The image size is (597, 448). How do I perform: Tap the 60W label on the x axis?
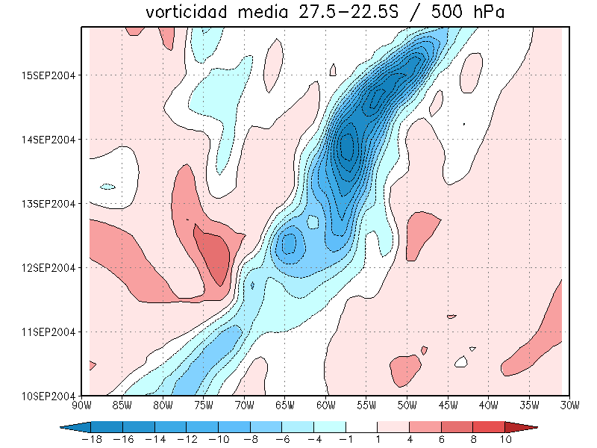point(325,405)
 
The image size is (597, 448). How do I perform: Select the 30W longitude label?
point(569,405)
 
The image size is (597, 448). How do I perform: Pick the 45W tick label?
point(447,405)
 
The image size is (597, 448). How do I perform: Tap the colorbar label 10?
point(505,439)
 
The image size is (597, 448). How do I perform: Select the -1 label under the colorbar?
point(346,439)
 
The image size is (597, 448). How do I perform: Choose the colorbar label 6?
point(441,439)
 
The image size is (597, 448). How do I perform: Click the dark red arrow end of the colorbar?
point(522,427)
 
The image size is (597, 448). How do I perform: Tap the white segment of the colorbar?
point(361,427)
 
